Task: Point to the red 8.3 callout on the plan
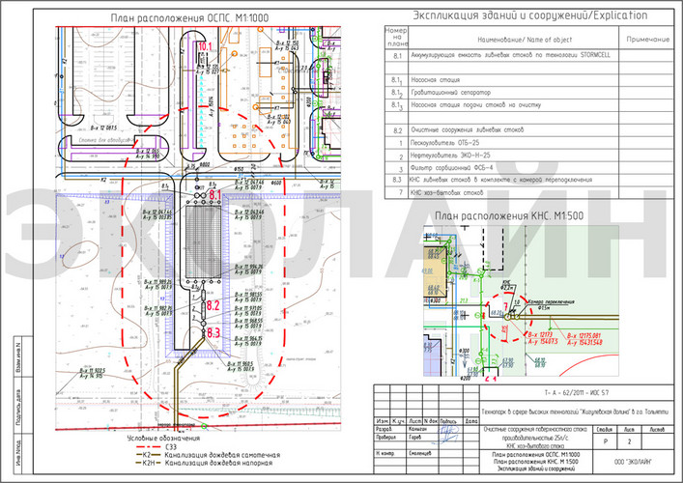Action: [214, 332]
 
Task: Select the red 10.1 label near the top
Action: [205, 46]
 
